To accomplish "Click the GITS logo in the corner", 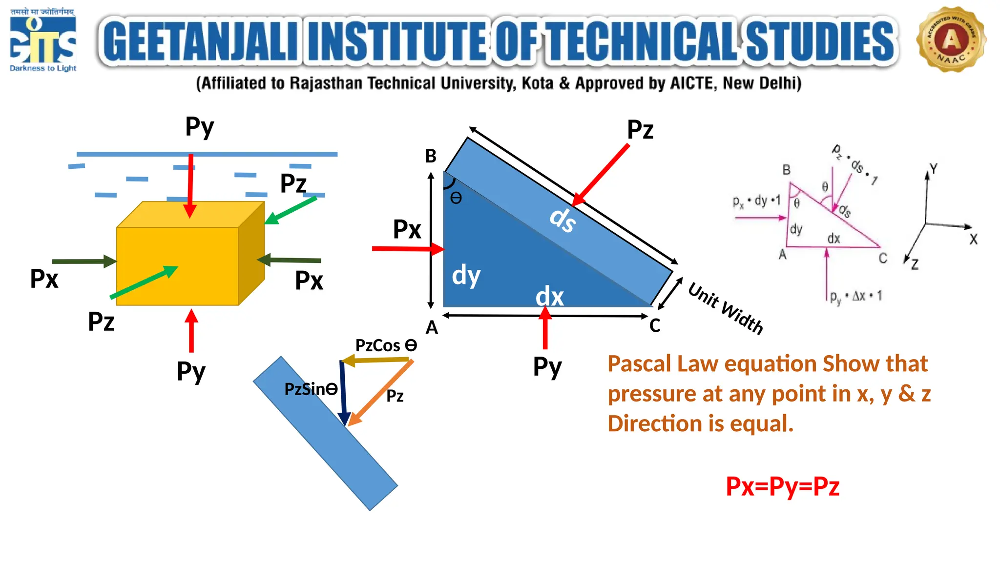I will pos(43,40).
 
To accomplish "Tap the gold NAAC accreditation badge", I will pos(951,40).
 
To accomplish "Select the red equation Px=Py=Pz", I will pos(782,487).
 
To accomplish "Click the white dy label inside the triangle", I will pos(466,276).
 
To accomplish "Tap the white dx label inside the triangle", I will pos(550,297).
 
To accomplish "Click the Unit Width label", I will pos(725,308).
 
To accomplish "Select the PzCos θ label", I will pos(386,345).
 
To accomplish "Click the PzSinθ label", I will pos(311,389).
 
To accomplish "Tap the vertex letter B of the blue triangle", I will pos(431,156).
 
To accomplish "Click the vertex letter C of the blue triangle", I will pos(655,325).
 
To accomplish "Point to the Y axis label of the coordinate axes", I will pos(933,169).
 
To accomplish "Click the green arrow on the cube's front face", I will pos(144,282).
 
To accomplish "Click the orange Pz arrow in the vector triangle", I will pos(381,392).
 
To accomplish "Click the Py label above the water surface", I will pos(200,127).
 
